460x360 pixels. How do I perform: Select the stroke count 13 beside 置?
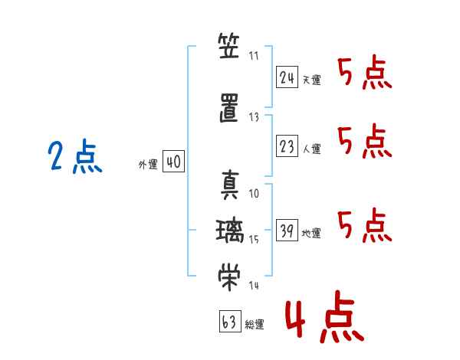click(x=255, y=116)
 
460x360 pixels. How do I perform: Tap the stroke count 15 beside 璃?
click(x=255, y=239)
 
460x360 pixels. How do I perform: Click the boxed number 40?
click(x=173, y=162)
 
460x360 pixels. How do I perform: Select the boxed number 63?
click(x=228, y=322)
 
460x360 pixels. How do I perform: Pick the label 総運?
click(x=255, y=325)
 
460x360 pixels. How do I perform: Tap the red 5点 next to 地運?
click(x=365, y=224)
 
